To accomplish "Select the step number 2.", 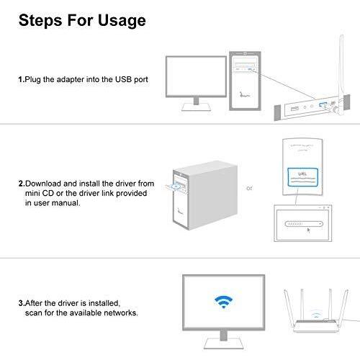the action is [x=22, y=184].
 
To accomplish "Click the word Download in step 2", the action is [x=43, y=184].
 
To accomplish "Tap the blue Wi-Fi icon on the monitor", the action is [x=223, y=302].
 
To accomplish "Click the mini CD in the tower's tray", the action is [x=177, y=186].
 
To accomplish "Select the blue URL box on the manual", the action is [x=303, y=177].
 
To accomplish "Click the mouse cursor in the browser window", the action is [x=309, y=230].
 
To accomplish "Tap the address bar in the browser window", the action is [x=304, y=224].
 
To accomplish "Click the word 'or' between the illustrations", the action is [x=249, y=188].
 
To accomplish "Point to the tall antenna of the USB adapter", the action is [x=341, y=72].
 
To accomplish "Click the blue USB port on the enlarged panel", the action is [x=322, y=104].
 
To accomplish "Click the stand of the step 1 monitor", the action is [x=197, y=104].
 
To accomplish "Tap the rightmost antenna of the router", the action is [x=344, y=307].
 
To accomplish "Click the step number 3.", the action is [x=22, y=303].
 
